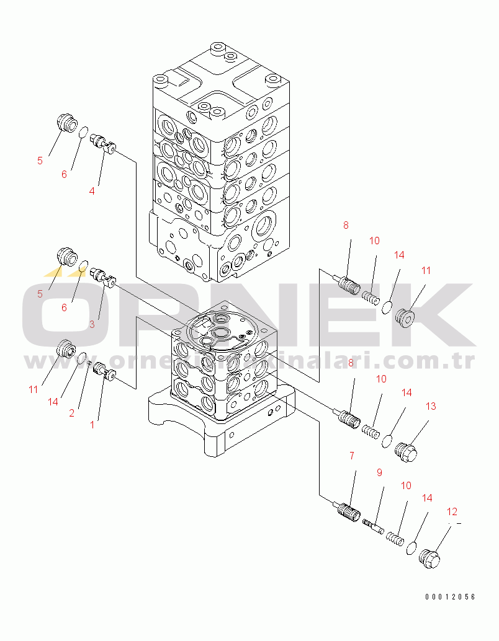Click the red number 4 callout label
click(92, 191)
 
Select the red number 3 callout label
click(92, 324)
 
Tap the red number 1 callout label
click(92, 425)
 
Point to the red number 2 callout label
click(72, 413)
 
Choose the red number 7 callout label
click(352, 456)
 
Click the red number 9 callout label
click(379, 472)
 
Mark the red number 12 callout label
click(452, 511)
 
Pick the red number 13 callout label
click(430, 406)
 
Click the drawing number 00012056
click(450, 597)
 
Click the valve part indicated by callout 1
click(104, 374)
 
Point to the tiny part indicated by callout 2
click(89, 363)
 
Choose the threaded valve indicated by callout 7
click(348, 511)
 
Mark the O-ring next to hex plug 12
click(411, 547)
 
